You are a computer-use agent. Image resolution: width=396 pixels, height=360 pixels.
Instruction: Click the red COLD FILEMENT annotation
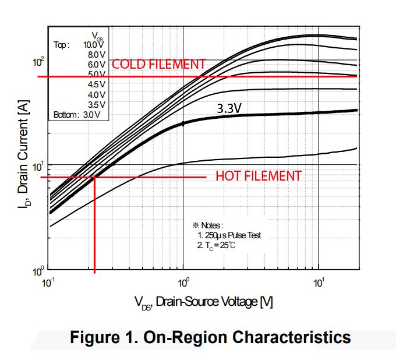click(x=158, y=64)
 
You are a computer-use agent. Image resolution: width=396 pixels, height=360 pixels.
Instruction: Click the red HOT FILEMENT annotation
click(x=259, y=175)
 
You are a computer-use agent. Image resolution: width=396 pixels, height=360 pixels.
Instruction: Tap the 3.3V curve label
click(x=230, y=108)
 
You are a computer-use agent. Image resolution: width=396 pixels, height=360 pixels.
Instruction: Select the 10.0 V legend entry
click(x=94, y=44)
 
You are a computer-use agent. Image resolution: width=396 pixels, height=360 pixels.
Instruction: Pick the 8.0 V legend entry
click(x=96, y=54)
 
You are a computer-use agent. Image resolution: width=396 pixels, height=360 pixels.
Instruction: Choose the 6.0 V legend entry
click(x=96, y=64)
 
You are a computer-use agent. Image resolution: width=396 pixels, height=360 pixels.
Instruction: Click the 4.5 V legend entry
click(x=96, y=84)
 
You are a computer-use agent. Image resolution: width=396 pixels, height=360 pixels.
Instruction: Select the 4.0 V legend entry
click(x=96, y=94)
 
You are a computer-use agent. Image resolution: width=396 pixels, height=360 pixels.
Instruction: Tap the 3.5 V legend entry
click(x=96, y=104)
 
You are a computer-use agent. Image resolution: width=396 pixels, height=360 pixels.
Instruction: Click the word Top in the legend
click(x=61, y=44)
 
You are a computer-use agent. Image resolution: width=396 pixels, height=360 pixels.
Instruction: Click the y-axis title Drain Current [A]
click(x=24, y=158)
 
